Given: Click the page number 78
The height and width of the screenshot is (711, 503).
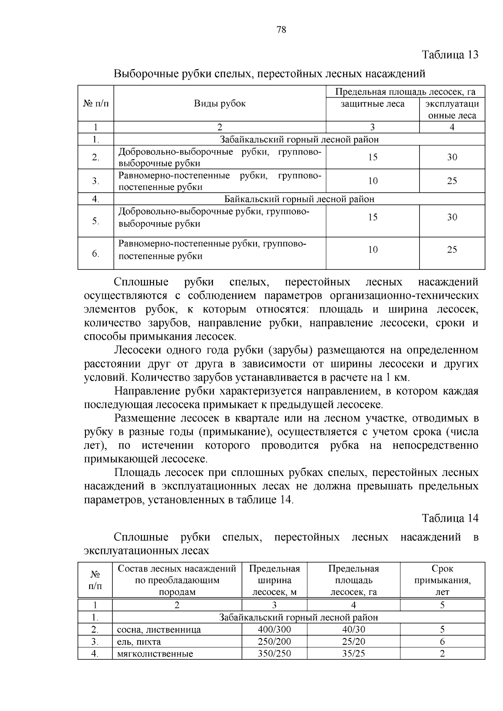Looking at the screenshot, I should click(281, 30).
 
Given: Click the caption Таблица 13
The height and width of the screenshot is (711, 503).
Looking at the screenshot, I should click(450, 55).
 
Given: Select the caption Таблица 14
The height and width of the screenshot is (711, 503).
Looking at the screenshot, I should click(450, 518).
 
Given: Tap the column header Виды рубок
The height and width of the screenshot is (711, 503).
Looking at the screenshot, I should click(220, 103).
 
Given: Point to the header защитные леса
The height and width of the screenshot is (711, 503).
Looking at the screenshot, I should click(372, 103).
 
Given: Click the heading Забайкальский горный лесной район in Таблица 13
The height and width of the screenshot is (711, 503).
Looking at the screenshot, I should click(299, 140).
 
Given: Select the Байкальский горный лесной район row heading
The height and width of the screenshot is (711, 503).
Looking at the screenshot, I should click(299, 199).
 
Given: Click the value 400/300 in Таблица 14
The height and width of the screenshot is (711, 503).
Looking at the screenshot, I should click(274, 629).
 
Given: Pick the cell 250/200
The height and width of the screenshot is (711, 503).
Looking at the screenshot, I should click(274, 641).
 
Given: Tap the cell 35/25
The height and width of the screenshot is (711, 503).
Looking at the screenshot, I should click(353, 653).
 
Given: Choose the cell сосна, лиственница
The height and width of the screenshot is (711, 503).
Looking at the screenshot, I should click(159, 630).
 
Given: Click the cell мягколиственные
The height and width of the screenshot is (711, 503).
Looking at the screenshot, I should click(155, 654).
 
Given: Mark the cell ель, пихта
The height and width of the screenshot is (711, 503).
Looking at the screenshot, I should click(139, 642).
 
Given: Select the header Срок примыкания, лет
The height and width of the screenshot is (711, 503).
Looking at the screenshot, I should click(442, 580).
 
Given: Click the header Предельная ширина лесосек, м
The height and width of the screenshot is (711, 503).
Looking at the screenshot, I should click(274, 580).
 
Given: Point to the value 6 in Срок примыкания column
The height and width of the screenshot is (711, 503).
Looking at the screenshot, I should click(442, 641).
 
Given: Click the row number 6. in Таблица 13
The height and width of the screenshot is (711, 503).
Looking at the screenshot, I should click(96, 253).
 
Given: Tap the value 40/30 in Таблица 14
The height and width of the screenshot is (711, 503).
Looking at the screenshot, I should click(353, 629).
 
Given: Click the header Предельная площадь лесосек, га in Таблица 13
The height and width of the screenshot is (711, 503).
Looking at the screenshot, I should click(405, 92).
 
